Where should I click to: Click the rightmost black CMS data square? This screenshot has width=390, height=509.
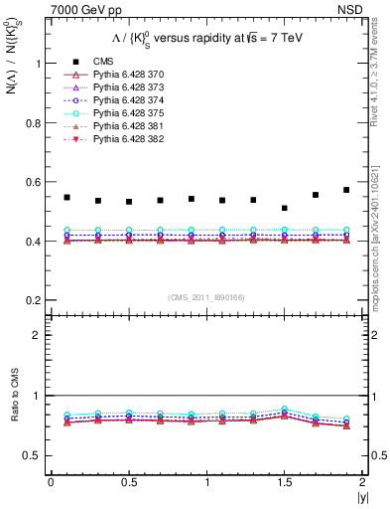pos(346,190)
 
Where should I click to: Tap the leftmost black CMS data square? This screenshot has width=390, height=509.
pos(66,197)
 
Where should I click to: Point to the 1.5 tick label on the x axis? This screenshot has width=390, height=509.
pos(285,482)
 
